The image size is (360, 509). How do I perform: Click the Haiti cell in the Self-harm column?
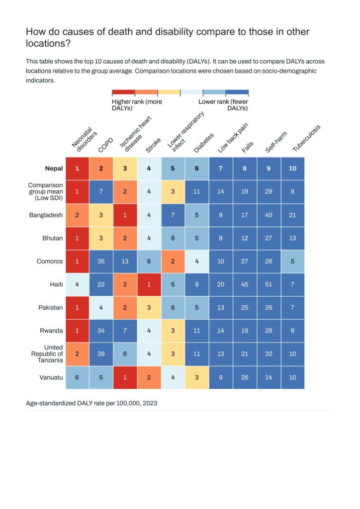(x=269, y=284)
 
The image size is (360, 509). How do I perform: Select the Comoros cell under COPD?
(x=101, y=261)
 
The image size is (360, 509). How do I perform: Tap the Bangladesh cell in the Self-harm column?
(x=269, y=215)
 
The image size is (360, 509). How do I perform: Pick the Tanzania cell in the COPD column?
(x=101, y=354)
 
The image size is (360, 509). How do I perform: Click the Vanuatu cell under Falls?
(x=245, y=377)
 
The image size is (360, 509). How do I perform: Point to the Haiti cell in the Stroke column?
(x=149, y=284)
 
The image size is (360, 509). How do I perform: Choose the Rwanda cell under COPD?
(x=101, y=331)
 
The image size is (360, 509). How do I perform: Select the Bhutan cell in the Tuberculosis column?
(x=293, y=238)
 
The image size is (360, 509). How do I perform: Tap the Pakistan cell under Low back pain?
(x=221, y=308)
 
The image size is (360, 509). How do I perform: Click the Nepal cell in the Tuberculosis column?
(x=293, y=169)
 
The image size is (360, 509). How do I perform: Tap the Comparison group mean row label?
(x=45, y=191)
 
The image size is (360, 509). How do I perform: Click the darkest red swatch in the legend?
(x=123, y=92)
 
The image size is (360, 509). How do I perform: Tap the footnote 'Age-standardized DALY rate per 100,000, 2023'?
(x=91, y=403)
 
